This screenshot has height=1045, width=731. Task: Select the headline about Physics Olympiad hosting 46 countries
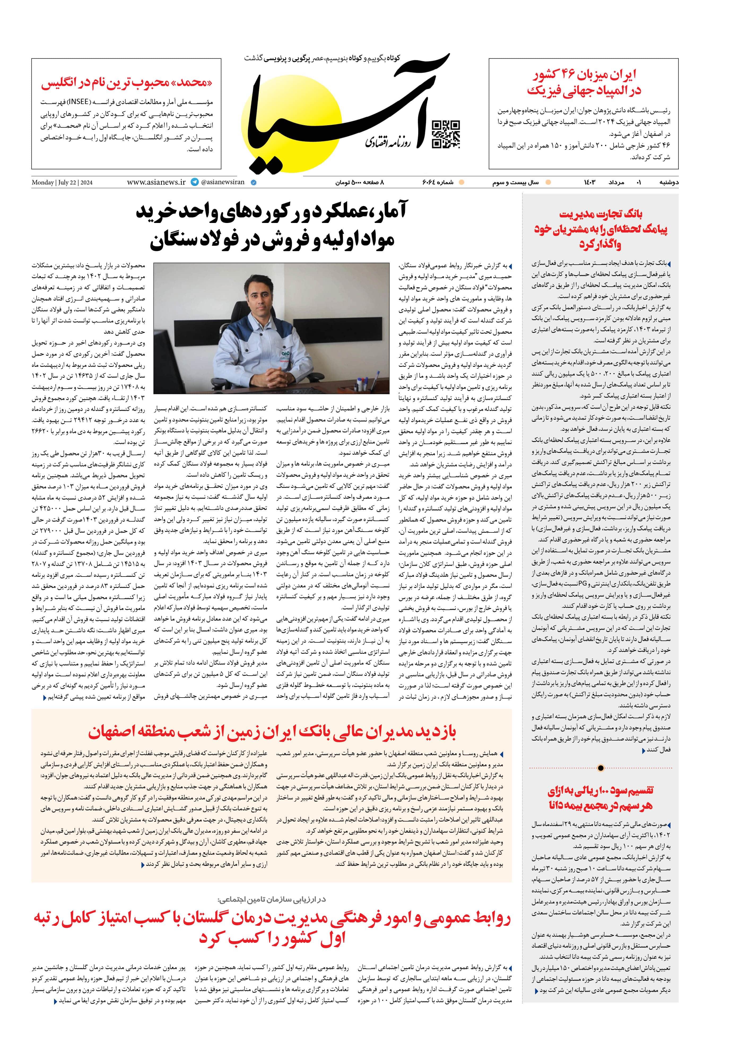click(x=584, y=82)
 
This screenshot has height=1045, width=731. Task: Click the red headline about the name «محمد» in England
click(x=127, y=83)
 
